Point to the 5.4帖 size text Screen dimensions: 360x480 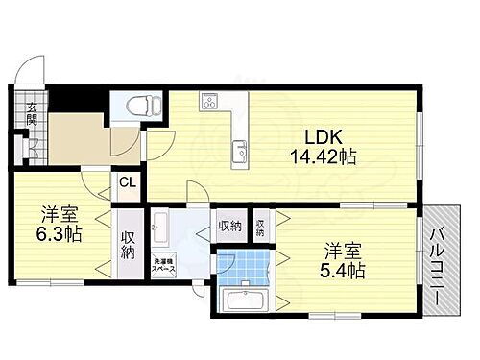[x=343, y=270]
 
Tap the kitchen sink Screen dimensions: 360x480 [x=240, y=151]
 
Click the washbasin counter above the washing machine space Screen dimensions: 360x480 [x=162, y=229]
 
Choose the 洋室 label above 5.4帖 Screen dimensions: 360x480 [x=343, y=250]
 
